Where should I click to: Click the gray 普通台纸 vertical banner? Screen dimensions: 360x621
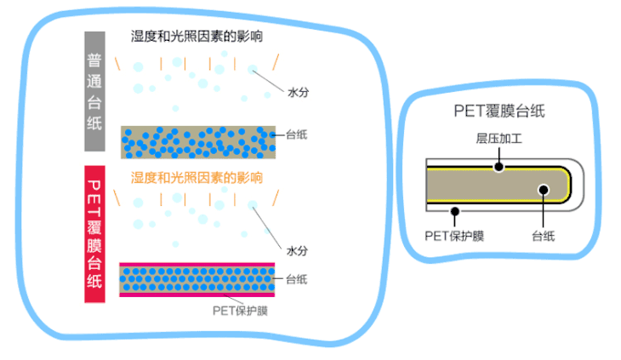click(94, 92)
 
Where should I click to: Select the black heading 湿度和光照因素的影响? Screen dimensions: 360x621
click(197, 37)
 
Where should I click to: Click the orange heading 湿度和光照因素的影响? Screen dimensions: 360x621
click(197, 179)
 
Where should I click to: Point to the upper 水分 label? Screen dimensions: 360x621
click(298, 93)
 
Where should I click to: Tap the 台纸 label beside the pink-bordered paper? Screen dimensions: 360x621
click(297, 279)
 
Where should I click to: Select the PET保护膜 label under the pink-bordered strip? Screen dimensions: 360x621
click(241, 310)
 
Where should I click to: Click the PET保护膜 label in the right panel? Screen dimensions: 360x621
click(453, 236)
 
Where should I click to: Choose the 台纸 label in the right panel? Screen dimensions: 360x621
click(543, 236)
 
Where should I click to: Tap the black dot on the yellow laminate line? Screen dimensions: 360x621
click(499, 167)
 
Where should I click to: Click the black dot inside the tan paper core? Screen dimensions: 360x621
click(542, 189)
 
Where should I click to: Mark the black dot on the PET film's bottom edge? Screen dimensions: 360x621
click(455, 209)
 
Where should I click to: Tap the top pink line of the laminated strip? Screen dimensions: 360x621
click(197, 264)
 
